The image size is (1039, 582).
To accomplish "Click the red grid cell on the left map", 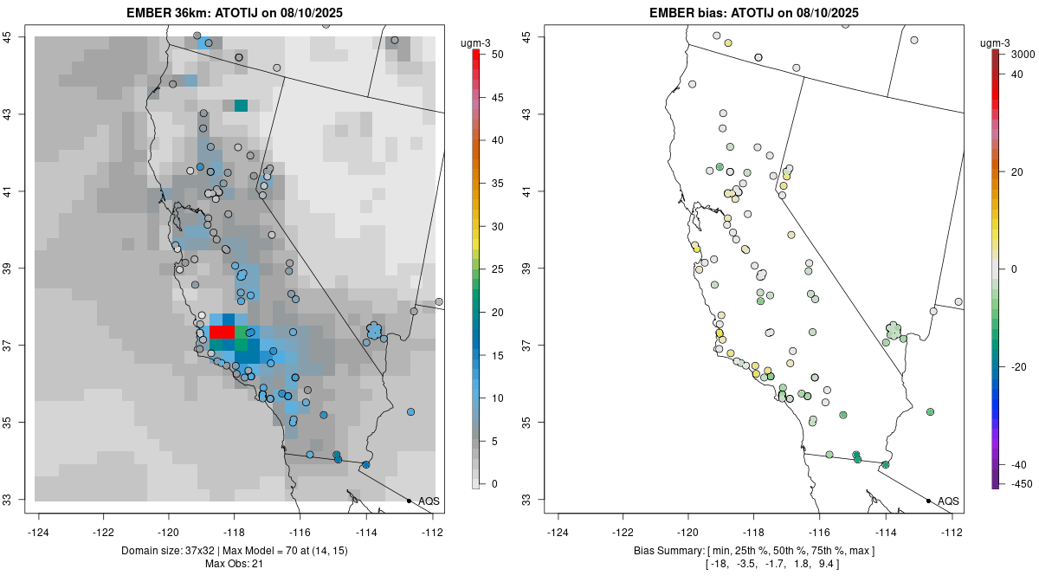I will coord(222,333).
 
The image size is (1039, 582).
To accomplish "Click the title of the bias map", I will coord(754,12).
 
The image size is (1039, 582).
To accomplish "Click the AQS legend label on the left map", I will coord(429,501).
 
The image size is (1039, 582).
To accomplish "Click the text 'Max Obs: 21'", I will coord(235,564).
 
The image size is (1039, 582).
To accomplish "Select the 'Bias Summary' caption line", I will coord(754,550).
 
